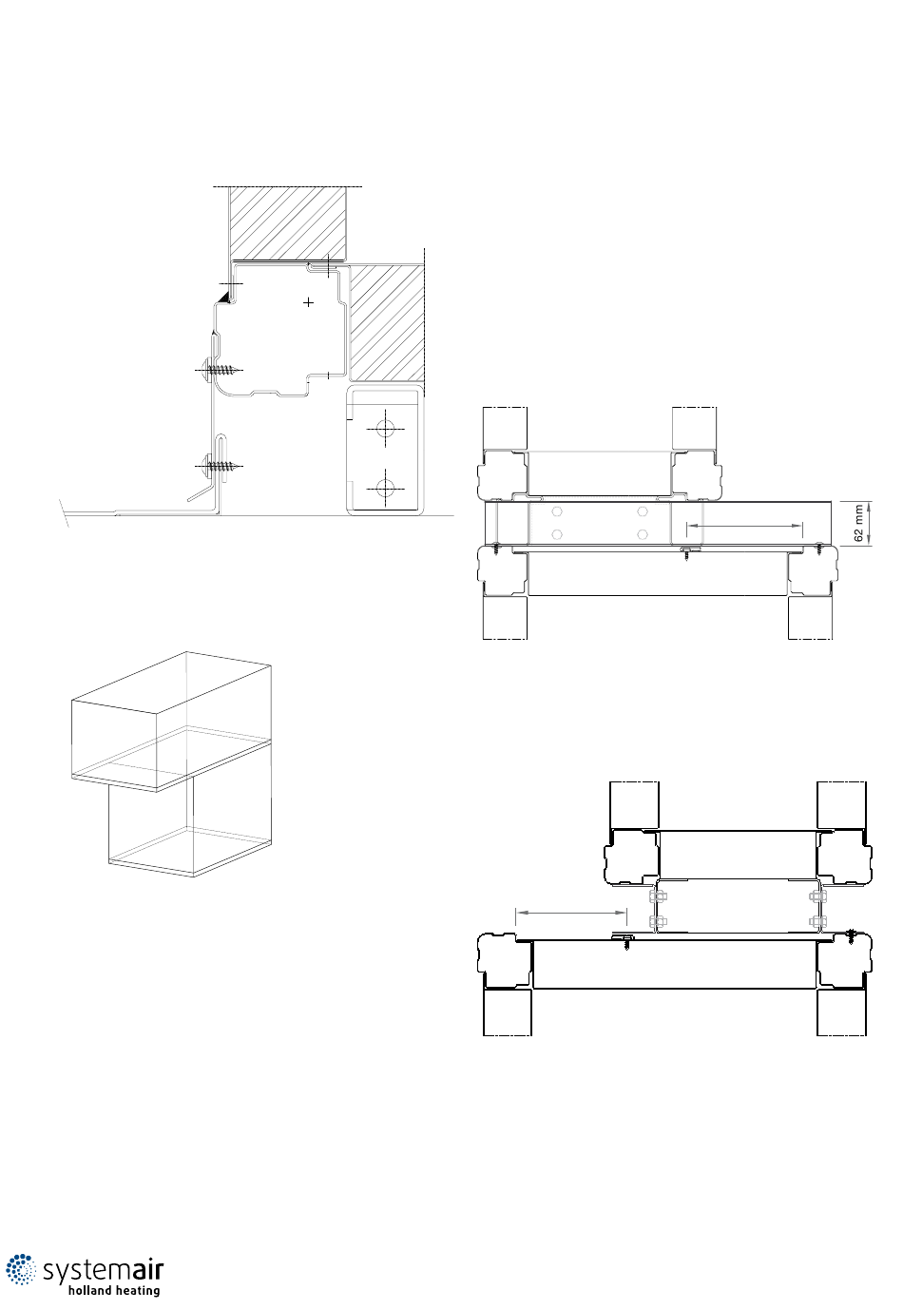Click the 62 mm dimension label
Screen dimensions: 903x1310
[858, 524]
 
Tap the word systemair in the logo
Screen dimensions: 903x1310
[103, 1270]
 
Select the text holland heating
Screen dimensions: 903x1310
[114, 1291]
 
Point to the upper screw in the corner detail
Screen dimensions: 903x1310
[219, 370]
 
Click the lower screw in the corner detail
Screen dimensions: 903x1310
[219, 466]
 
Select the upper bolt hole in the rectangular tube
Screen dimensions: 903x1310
[385, 429]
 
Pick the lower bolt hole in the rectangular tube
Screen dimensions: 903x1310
[385, 487]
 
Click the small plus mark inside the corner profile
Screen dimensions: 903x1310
[309, 302]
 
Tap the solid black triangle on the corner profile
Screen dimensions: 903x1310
[222, 299]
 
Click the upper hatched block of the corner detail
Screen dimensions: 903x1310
[288, 223]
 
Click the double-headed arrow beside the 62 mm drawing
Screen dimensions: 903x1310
[744, 526]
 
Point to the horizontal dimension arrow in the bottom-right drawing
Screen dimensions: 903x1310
[571, 913]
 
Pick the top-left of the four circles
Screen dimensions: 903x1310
[557, 511]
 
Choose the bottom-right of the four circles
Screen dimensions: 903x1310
[643, 534]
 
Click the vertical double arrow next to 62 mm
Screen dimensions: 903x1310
[871, 524]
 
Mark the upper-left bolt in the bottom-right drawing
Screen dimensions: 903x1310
[658, 896]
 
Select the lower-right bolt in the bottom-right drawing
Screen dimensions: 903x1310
[817, 922]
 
